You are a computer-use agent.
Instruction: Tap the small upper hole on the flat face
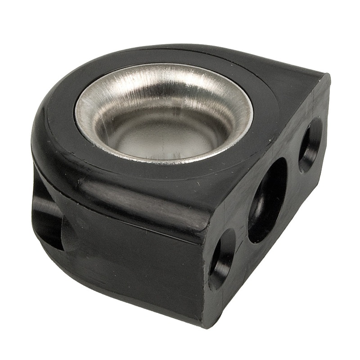tap(310, 145)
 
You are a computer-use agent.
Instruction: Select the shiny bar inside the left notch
tap(45, 211)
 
